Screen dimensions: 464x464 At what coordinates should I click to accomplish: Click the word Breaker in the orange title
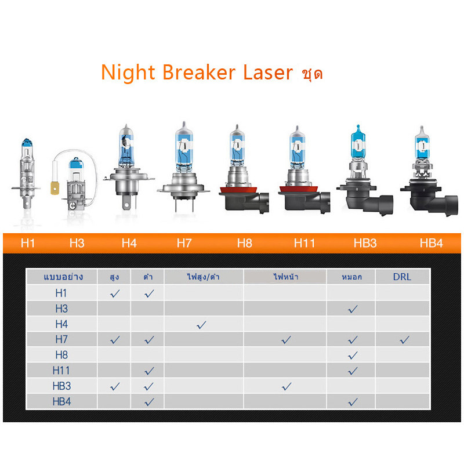[199, 72]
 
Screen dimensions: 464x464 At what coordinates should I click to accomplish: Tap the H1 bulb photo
[26, 175]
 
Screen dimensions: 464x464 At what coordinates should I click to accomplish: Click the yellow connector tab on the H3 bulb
[55, 188]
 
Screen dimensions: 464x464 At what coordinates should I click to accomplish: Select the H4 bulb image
[129, 167]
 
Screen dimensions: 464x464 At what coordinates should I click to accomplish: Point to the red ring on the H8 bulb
[238, 190]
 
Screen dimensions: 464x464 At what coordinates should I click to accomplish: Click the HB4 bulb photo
[429, 171]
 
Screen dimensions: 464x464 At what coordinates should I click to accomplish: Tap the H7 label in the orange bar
[184, 243]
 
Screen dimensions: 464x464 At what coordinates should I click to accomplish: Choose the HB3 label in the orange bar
[365, 243]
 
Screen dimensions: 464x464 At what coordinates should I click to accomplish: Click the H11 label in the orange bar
[304, 243]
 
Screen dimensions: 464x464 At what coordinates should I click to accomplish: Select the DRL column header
[402, 277]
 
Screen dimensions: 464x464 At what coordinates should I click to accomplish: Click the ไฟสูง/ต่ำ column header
[204, 277]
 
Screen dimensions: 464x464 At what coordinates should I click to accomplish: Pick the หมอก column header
[351, 277]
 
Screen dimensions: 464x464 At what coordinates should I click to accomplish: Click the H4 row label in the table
[61, 324]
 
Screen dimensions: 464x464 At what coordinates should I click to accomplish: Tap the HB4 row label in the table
[61, 401]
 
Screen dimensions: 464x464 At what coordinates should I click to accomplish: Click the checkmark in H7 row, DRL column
[404, 340]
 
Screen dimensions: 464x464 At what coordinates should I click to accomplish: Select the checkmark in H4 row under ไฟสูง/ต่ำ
[201, 325]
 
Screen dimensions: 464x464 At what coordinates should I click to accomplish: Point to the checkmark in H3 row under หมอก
[353, 309]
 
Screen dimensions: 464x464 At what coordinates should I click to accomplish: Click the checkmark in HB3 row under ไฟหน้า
[287, 386]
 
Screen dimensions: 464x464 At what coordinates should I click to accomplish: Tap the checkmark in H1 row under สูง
[115, 293]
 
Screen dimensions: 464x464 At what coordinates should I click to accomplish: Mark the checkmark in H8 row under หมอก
[353, 355]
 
